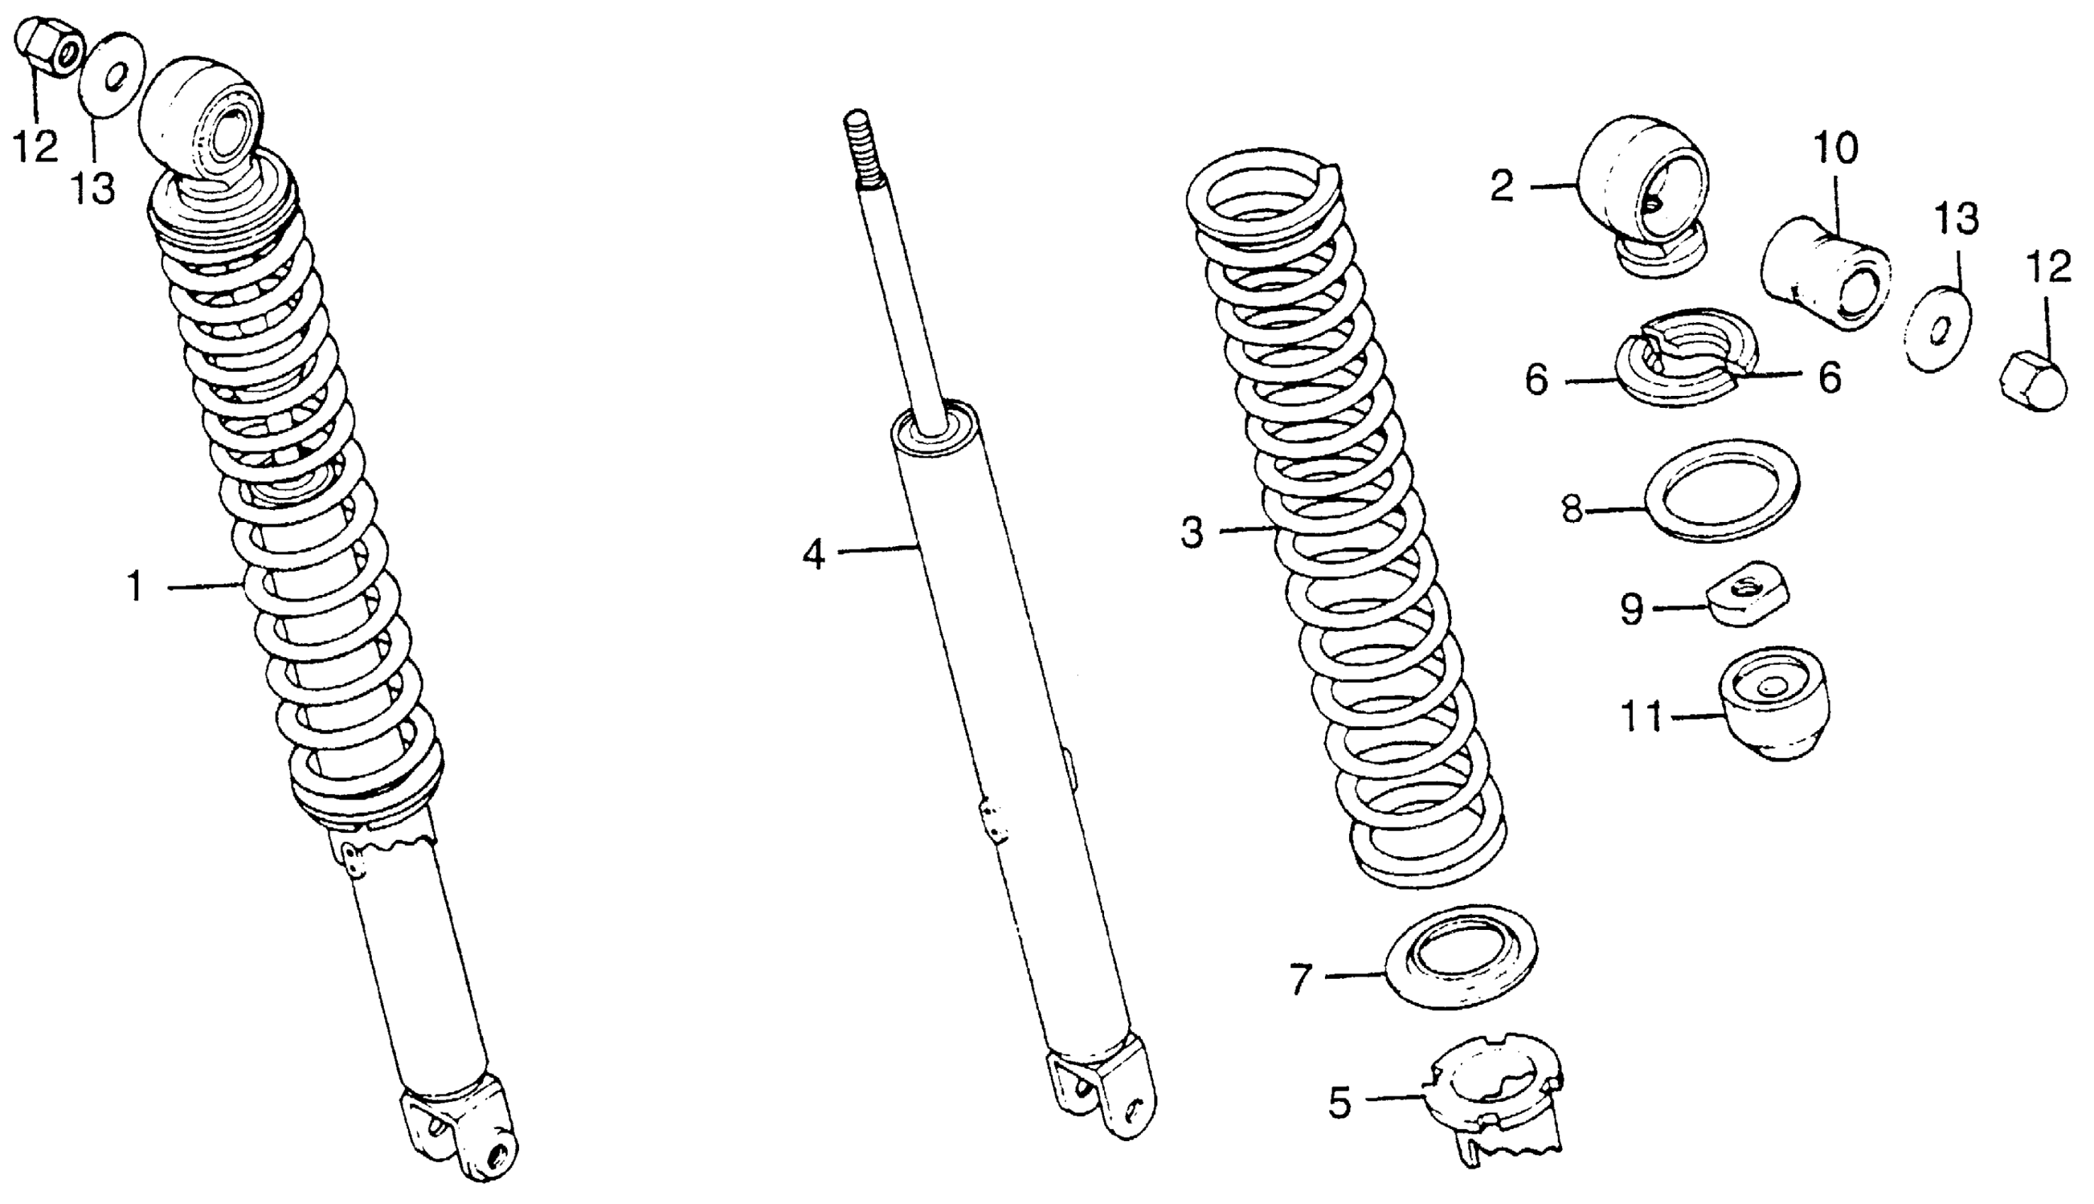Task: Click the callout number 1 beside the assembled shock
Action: (x=135, y=587)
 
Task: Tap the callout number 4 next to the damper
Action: (x=814, y=554)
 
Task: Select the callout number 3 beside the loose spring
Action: (x=1191, y=533)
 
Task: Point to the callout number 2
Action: (x=1502, y=187)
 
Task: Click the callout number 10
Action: (x=1836, y=149)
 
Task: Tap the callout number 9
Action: (x=1631, y=610)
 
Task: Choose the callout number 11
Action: (x=1641, y=716)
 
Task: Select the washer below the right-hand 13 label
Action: (x=1939, y=330)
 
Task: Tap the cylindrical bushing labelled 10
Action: (x=1827, y=273)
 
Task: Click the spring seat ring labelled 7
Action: (x=1462, y=957)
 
